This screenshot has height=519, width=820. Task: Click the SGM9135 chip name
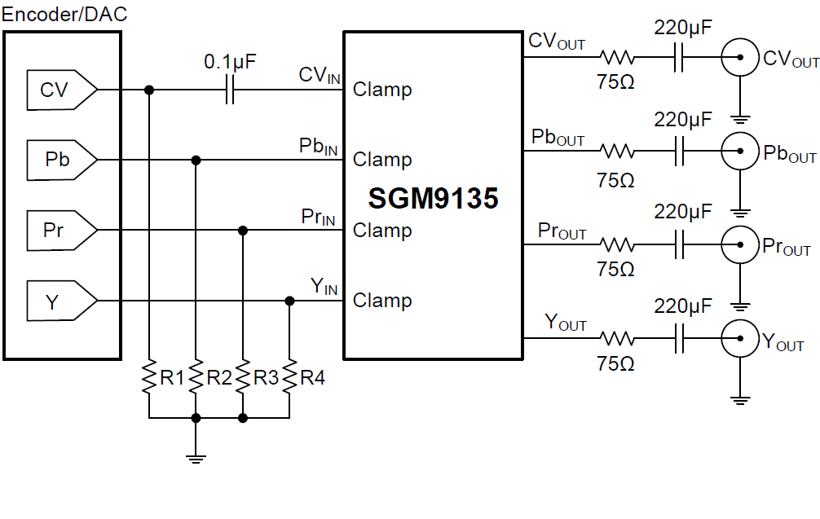click(433, 198)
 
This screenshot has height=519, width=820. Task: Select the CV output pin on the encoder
click(59, 90)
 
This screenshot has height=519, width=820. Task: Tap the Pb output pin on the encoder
click(59, 160)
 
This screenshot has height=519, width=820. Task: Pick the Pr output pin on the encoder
click(59, 231)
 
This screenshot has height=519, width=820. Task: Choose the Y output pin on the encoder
click(59, 301)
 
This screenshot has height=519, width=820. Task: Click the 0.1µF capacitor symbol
click(229, 90)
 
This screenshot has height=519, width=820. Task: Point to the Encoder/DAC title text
click(64, 15)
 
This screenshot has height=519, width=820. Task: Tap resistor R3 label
click(266, 377)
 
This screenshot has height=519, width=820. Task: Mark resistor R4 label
click(313, 377)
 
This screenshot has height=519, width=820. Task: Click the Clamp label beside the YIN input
click(382, 301)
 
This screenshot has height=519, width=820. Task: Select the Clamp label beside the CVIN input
click(382, 90)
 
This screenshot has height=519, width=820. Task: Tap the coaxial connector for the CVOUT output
click(739, 58)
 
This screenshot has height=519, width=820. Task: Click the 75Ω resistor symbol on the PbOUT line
click(617, 152)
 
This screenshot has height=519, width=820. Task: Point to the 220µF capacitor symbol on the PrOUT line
click(679, 244)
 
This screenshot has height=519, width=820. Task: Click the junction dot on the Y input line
click(289, 301)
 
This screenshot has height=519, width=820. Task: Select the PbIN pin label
click(318, 147)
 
